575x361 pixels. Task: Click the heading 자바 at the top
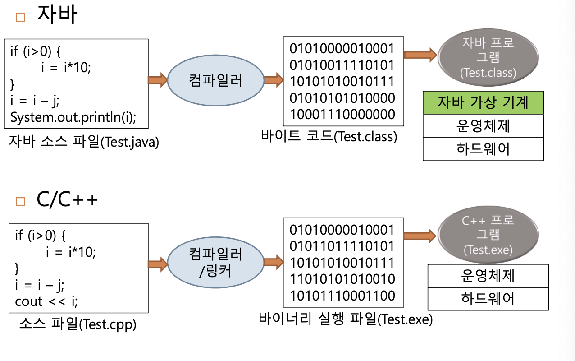coord(57,15)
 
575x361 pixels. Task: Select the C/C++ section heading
coord(67,199)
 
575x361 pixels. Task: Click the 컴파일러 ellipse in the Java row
coord(215,81)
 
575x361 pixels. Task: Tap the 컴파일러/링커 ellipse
coord(215,264)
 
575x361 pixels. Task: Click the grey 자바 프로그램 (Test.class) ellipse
coord(488,57)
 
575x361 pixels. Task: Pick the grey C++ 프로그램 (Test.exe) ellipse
coord(488,235)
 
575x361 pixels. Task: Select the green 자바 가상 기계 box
coord(483,103)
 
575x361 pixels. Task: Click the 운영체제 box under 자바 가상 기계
coord(483,126)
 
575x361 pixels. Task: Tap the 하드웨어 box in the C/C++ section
coord(488,298)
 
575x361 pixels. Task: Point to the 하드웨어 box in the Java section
coord(483,149)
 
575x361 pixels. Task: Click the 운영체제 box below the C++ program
coord(488,276)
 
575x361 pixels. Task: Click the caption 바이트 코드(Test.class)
coord(329,136)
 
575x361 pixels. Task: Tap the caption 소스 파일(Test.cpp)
coord(78,324)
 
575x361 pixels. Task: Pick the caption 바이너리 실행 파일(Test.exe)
coord(346,319)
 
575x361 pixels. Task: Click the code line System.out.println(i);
coord(73,117)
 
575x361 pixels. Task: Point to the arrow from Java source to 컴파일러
coord(158,81)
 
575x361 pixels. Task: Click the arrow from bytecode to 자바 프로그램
coord(420,55)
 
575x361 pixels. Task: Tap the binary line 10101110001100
coord(342,296)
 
